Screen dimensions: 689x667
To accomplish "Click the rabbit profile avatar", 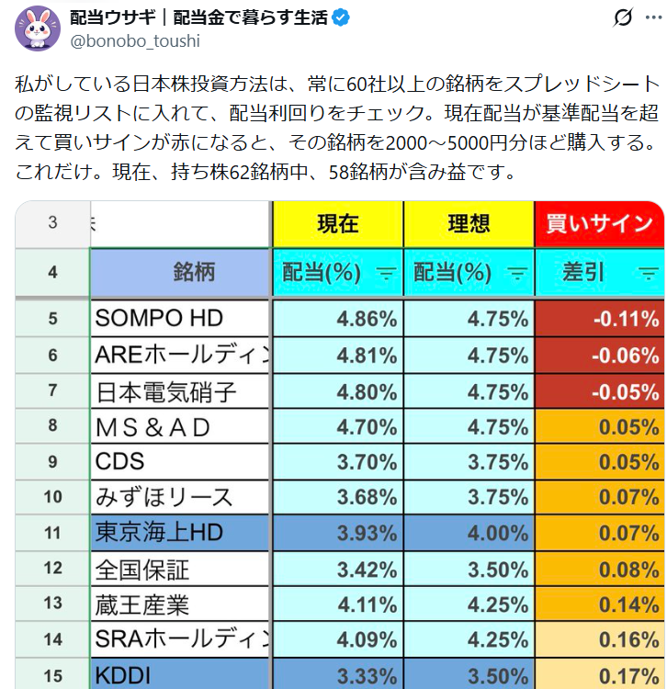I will [x=38, y=28].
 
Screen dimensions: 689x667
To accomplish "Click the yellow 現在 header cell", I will [x=337, y=223].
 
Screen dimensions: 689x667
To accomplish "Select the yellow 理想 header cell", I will [x=469, y=223].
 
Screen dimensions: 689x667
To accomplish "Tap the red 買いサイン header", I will [x=599, y=223].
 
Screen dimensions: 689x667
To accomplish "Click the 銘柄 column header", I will [x=181, y=271].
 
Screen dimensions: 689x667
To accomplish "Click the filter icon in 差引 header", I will [x=649, y=272].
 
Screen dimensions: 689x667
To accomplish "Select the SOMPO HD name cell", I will [x=181, y=319].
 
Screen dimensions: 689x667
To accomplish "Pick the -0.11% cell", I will [x=599, y=319].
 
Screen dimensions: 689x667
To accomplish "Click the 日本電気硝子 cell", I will [x=181, y=392].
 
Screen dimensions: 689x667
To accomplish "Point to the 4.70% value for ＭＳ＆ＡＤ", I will [x=337, y=427].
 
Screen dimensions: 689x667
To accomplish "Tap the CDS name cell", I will [x=181, y=462].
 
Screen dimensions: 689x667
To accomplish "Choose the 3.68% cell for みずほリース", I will [x=337, y=498].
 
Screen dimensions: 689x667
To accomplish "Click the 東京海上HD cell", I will [x=181, y=534].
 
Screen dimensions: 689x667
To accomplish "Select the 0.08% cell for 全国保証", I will [x=599, y=569].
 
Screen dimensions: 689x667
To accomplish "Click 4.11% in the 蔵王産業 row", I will [x=337, y=604].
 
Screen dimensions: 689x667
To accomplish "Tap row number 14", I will [x=52, y=639].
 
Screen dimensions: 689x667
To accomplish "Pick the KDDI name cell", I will [x=181, y=675].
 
